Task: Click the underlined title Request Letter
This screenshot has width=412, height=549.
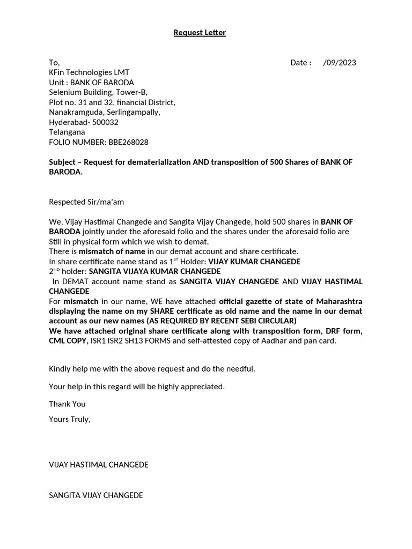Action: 200,33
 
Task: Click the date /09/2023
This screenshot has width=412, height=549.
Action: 340,62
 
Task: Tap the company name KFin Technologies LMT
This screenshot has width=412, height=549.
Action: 89,72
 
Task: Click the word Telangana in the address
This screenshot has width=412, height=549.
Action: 67,132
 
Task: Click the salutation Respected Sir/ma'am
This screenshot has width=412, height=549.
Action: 86,202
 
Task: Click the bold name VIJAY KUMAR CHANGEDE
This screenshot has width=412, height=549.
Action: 254,262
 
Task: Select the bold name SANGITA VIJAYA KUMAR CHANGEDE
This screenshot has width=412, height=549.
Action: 154,271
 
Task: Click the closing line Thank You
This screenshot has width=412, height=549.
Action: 67,404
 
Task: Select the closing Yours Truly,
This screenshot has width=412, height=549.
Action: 70,419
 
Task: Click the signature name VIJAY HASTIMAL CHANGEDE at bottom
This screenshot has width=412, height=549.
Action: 99,465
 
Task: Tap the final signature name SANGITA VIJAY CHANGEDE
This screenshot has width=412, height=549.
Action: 96,495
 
